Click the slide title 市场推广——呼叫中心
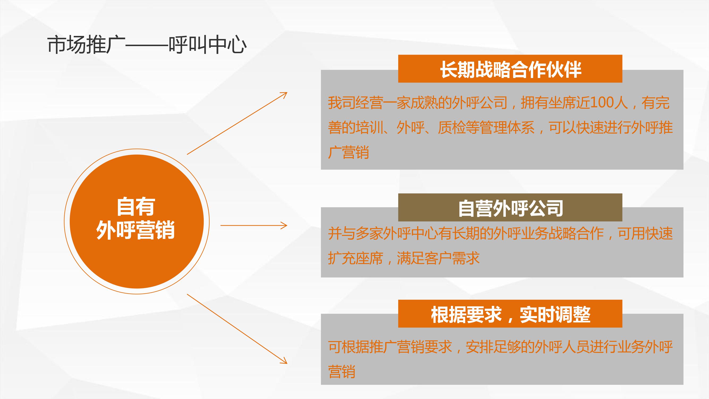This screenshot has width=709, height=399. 147,45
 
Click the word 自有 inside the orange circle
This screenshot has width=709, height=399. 136,207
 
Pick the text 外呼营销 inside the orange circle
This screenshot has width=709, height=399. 136,230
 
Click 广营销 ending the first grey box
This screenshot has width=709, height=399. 348,152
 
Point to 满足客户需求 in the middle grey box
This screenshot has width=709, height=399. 438,258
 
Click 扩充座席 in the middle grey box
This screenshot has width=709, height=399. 355,258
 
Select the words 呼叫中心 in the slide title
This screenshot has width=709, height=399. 208,45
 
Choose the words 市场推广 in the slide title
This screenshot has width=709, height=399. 86,45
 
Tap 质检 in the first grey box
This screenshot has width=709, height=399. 452,127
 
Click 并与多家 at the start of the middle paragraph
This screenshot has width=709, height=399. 355,233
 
